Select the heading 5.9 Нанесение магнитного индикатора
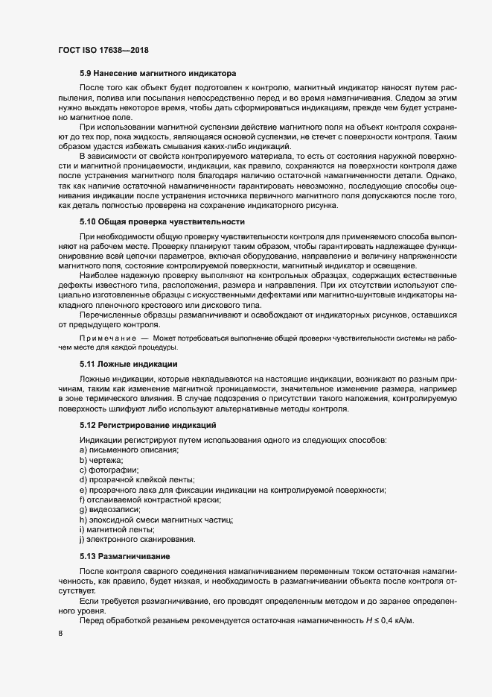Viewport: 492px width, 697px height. point(158,74)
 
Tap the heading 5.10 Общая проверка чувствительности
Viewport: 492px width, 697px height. point(162,222)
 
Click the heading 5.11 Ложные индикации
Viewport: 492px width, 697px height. point(128,364)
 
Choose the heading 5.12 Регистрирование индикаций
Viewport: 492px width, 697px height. point(148,424)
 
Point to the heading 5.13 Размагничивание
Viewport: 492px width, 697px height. point(126,557)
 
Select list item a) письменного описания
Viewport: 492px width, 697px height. point(129,450)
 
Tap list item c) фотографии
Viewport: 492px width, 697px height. point(109,471)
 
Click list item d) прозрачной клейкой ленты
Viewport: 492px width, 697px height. point(137,480)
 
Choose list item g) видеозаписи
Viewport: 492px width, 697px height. point(109,509)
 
